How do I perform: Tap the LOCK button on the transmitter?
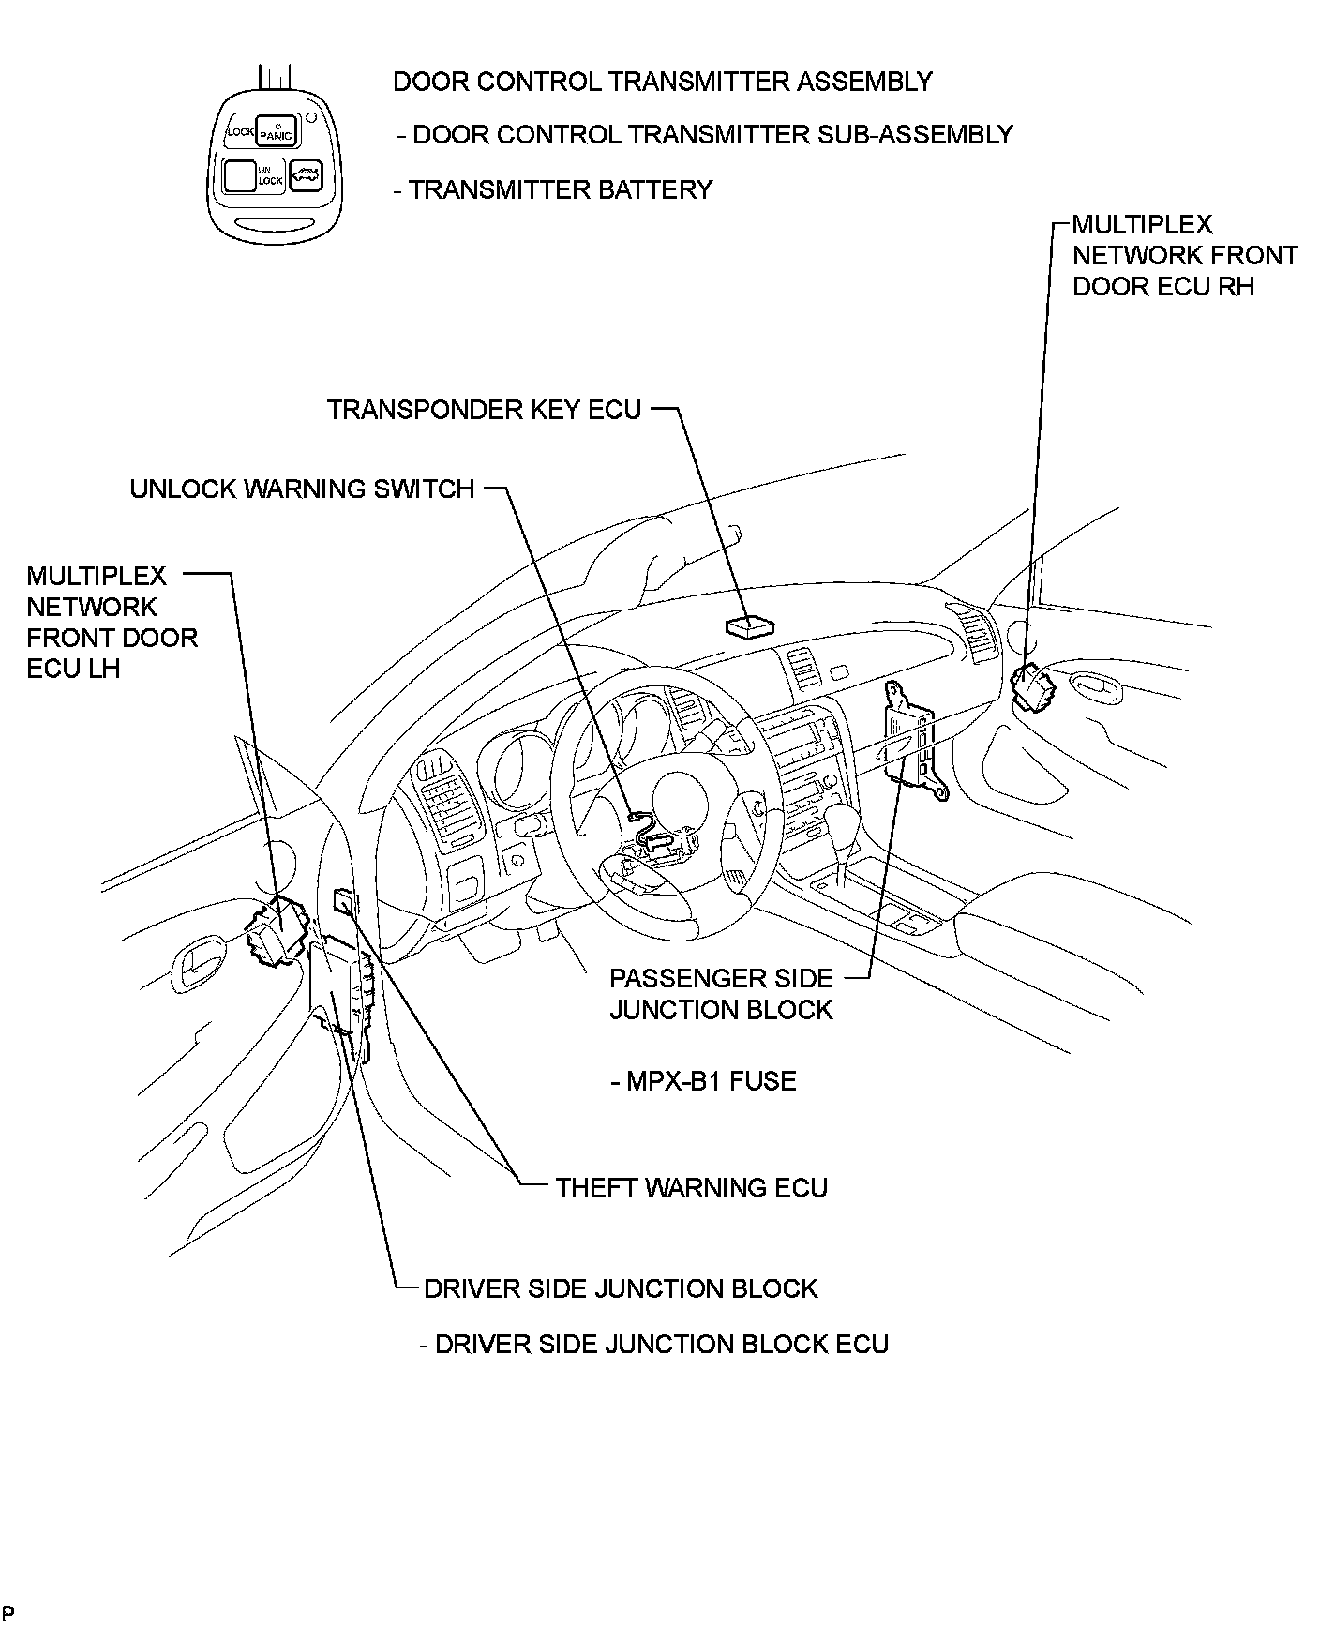tap(240, 132)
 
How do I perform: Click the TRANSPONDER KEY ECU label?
tap(484, 410)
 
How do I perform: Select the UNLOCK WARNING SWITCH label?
tap(302, 489)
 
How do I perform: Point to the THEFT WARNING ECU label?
tap(691, 1188)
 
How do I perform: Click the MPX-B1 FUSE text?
tap(703, 1081)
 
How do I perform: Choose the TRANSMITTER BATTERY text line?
tap(553, 189)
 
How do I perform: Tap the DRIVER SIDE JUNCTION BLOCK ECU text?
tap(653, 1344)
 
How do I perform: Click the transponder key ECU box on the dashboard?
tap(750, 626)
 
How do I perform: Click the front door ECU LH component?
tap(276, 930)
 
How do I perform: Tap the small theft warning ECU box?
tap(345, 901)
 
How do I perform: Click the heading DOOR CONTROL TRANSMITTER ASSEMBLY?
tap(662, 82)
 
